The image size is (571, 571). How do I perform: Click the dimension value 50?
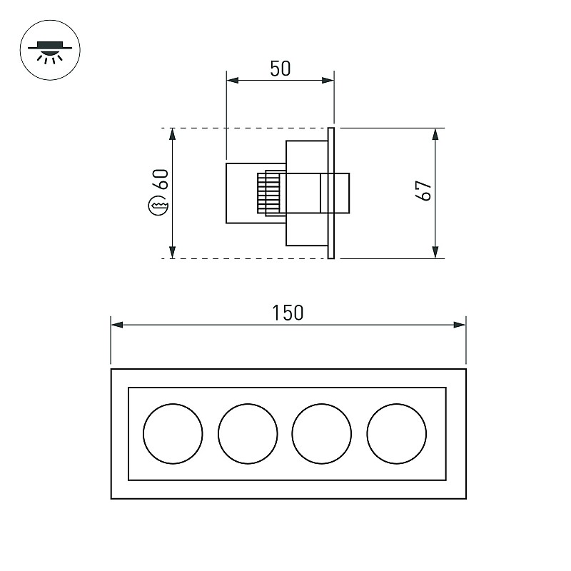pyautogui.click(x=281, y=69)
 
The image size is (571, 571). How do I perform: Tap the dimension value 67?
pyautogui.click(x=423, y=190)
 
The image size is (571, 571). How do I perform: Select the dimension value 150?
pyautogui.click(x=288, y=313)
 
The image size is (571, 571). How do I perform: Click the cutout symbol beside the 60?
pyautogui.click(x=158, y=206)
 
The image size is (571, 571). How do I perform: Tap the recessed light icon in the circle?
pyautogui.click(x=50, y=50)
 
